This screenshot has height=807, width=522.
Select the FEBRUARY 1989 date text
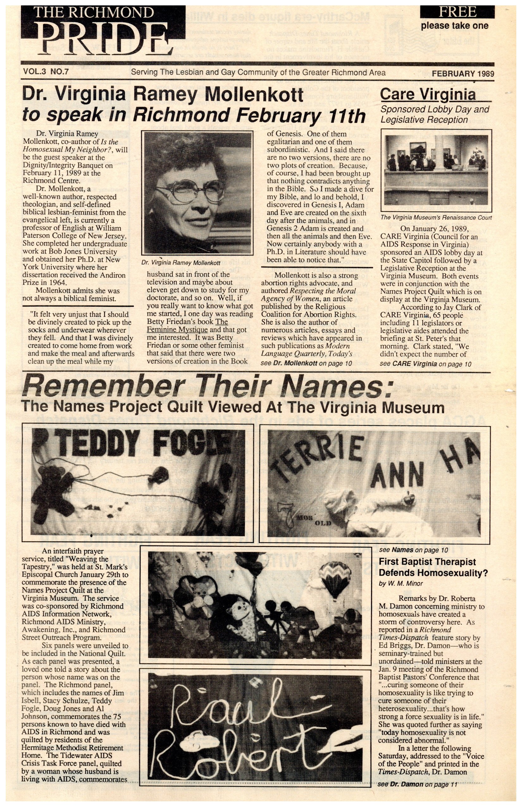click(463, 73)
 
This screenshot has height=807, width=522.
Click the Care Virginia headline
click(428, 94)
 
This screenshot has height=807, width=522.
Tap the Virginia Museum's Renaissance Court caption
click(436, 217)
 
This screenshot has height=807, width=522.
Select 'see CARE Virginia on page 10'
click(426, 364)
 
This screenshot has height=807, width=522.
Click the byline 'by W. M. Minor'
click(401, 584)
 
